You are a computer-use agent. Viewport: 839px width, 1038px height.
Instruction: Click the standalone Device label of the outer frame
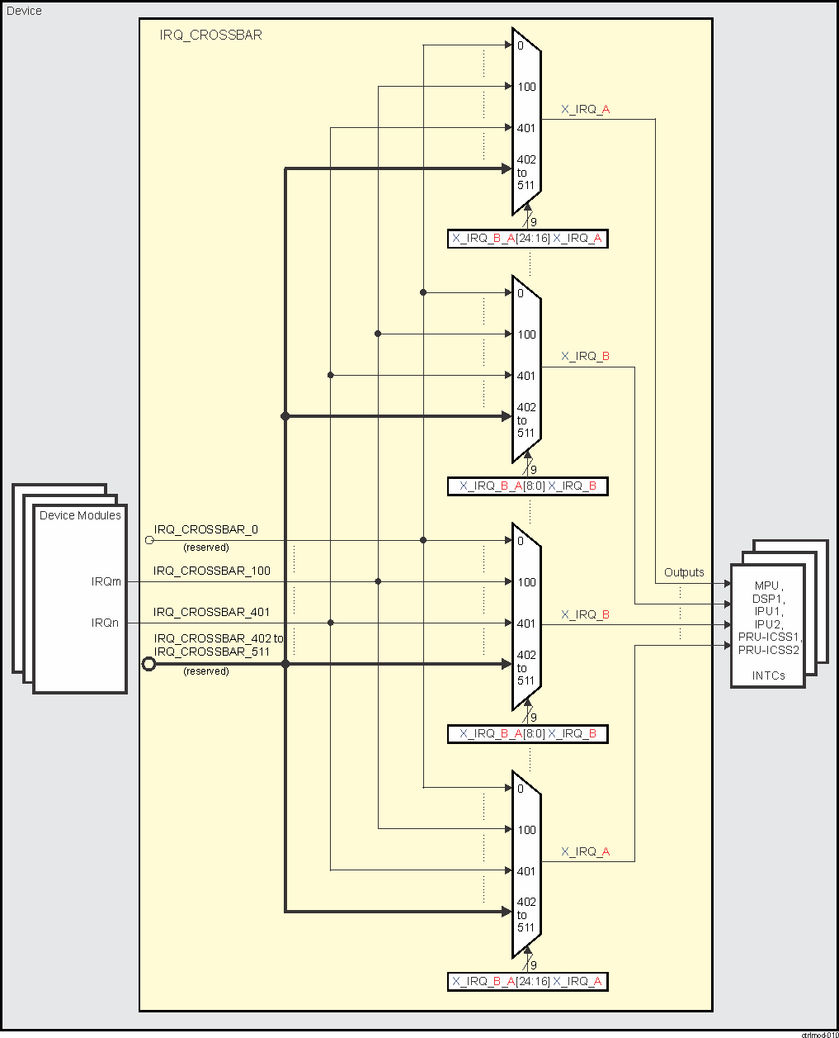(24, 11)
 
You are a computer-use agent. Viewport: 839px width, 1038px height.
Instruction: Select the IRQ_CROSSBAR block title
(210, 36)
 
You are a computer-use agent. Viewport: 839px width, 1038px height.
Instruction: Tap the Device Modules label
(80, 515)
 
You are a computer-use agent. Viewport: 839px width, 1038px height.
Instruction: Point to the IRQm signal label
(106, 581)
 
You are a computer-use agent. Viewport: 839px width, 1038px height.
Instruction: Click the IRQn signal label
(105, 623)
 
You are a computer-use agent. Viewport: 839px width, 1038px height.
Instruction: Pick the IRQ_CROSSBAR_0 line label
(205, 529)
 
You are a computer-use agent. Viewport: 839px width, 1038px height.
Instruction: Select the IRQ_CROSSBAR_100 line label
(211, 571)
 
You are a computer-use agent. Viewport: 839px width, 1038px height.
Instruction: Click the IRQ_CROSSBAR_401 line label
(211, 612)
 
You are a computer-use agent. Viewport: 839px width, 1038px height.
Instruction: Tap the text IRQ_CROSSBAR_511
(211, 652)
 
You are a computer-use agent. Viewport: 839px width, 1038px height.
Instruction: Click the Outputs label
(684, 572)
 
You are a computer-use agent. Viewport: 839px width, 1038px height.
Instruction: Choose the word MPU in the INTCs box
(766, 585)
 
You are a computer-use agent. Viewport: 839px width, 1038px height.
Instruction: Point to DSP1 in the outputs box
(766, 599)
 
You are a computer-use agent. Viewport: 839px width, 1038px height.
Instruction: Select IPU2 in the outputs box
(766, 624)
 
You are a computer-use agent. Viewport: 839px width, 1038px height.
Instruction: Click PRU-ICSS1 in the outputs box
(769, 637)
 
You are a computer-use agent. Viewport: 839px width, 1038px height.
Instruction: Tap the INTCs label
(768, 675)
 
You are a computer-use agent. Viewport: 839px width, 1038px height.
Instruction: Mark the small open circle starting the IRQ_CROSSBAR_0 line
(149, 540)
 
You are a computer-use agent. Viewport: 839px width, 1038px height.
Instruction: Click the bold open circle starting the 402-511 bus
(148, 664)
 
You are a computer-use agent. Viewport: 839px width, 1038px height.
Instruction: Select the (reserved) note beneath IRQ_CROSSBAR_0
(205, 547)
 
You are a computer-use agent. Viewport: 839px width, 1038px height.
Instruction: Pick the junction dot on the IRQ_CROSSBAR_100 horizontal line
(378, 581)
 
